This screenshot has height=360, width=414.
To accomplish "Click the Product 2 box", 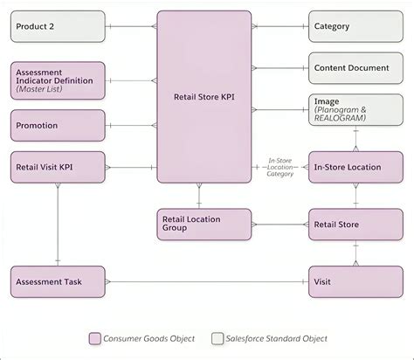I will point(58,26).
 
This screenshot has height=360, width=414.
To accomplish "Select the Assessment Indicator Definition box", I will point(58,80).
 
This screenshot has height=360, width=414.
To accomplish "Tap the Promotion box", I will point(58,126).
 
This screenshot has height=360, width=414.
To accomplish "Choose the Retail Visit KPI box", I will point(58,167).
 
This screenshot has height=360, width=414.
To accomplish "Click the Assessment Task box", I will point(58,282).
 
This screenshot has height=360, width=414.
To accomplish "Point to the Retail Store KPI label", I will point(204,98).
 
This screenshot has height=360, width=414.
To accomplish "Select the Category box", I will point(355,26).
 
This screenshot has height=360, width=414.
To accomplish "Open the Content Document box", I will point(355,67).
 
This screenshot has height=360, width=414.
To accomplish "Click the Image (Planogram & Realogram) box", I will point(355,110).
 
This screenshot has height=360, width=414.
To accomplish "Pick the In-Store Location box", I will point(355,167).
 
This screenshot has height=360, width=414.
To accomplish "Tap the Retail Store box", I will point(355,225).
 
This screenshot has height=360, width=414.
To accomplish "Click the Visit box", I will point(355,282).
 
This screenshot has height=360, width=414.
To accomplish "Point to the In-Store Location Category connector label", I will point(279,167).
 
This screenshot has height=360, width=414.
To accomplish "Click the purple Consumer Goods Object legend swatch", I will point(95,339).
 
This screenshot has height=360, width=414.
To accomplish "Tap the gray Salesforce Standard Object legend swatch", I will point(217,339).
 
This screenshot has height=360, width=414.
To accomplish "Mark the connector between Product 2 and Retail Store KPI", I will point(131,26).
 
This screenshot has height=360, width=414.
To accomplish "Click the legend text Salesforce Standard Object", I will point(275,339).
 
